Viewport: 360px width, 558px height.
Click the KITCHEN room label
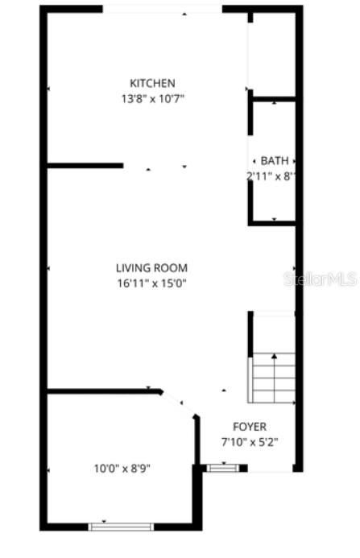(x=152, y=83)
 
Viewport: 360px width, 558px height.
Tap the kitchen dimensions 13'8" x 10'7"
(x=152, y=100)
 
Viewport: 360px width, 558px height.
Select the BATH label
(x=274, y=161)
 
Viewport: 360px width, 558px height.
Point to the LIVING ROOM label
(x=151, y=267)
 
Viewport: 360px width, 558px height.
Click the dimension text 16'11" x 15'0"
(x=151, y=283)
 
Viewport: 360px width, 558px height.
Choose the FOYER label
(x=249, y=427)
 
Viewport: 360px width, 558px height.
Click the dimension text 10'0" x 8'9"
(x=122, y=467)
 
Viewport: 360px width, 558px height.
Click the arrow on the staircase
(x=274, y=355)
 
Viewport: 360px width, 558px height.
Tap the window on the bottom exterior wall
(x=121, y=527)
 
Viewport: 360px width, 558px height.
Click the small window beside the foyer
(x=222, y=467)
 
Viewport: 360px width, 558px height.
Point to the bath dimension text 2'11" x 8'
(x=271, y=176)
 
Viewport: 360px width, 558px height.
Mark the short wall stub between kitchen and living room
(x=85, y=166)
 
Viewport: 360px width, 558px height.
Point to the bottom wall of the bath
(x=274, y=223)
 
